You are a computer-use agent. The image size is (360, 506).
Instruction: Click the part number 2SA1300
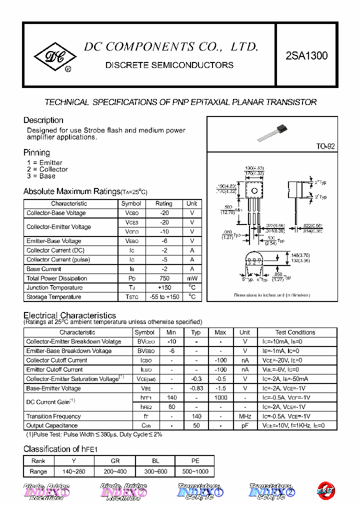(x=306, y=56)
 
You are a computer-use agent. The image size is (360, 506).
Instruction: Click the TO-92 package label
(x=325, y=146)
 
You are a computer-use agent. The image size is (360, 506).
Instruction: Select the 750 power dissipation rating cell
(x=163, y=278)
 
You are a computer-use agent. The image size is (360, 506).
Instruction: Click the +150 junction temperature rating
(x=163, y=287)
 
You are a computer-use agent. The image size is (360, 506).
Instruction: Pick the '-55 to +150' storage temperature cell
(x=163, y=297)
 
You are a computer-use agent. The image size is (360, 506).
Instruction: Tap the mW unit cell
(x=192, y=278)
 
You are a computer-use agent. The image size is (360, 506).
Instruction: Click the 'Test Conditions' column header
(x=295, y=332)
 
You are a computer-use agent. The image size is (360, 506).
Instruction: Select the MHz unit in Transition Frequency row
(x=244, y=416)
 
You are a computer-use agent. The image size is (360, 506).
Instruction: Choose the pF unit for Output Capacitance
(x=244, y=425)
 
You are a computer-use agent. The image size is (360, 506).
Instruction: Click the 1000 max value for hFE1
(x=220, y=397)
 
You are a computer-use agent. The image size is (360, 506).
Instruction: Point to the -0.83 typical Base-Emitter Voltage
(x=196, y=388)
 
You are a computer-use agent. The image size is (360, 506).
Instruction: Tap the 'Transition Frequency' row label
(x=53, y=416)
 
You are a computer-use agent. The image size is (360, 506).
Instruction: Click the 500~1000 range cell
(x=195, y=471)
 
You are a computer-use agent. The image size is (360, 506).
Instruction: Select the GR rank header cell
(x=115, y=461)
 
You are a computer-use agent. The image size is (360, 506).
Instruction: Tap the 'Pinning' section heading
(x=36, y=152)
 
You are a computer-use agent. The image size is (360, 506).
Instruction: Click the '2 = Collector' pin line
(x=47, y=169)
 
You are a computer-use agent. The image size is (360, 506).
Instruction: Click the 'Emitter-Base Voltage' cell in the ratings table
(x=54, y=241)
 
